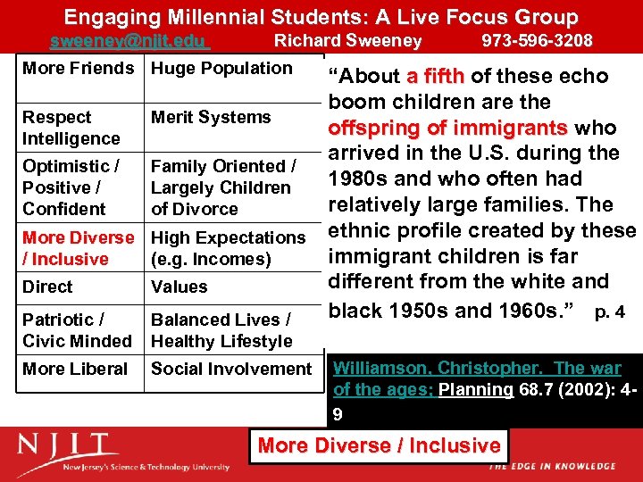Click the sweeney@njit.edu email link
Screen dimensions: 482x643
(129, 41)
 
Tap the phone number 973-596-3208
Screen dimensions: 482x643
(537, 41)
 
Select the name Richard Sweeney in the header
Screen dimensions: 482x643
(347, 41)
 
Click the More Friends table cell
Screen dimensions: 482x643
(78, 69)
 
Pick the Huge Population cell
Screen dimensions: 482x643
(221, 69)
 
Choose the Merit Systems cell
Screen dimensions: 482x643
(211, 117)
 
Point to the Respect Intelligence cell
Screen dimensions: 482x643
(71, 128)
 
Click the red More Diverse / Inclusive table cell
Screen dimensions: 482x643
(78, 248)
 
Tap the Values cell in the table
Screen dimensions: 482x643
(179, 287)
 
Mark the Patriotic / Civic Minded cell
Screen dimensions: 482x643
(77, 330)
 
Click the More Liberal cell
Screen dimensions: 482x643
(75, 369)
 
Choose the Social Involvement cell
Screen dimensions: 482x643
(231, 369)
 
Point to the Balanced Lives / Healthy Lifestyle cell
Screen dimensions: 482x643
(221, 330)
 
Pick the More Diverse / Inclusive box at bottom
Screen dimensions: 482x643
(379, 445)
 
